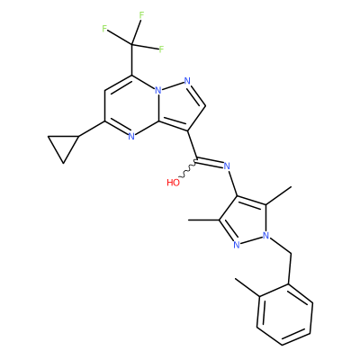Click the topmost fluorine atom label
coord(141,15)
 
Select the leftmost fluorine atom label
coord(104,29)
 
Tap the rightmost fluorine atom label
coord(161,49)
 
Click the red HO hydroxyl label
coord(173,183)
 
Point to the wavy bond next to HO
coord(187,170)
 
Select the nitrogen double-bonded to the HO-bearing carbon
coord(227,166)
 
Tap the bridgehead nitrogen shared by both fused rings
coord(158,90)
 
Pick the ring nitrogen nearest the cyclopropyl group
coord(131,137)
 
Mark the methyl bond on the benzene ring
coord(247,288)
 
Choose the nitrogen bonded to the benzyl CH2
coord(265,236)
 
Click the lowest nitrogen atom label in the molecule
coord(237,245)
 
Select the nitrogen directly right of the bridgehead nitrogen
coord(187,81)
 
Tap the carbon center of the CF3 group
coord(132,44)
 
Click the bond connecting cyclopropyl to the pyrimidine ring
coord(92,130)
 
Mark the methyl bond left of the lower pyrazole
coord(204,220)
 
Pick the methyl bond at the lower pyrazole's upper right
coord(279,195)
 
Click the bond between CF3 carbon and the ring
coord(132,59)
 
